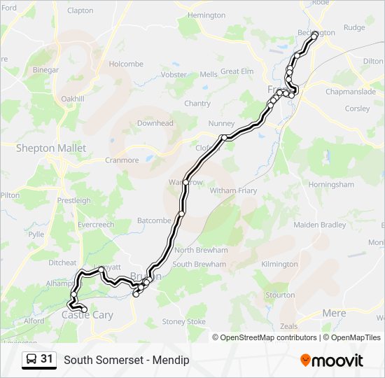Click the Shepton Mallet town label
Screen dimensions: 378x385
(x=51, y=148)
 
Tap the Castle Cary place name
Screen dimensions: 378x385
(x=87, y=315)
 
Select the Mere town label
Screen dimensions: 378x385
(x=335, y=313)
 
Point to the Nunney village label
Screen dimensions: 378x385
(x=221, y=124)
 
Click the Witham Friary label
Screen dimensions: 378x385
(x=233, y=190)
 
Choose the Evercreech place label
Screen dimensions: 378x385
(x=96, y=225)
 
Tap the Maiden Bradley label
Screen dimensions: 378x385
(x=319, y=225)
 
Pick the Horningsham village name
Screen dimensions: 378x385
(x=332, y=185)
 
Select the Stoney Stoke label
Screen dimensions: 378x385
(x=184, y=321)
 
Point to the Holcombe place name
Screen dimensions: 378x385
(x=125, y=64)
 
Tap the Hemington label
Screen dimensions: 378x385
(x=207, y=15)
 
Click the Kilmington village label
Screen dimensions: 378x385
(x=279, y=264)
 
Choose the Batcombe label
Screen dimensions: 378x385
(x=153, y=220)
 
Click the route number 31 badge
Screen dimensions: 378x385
(x=47, y=359)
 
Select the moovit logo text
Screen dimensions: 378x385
(x=332, y=360)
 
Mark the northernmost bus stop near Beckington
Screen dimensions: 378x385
(x=314, y=34)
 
